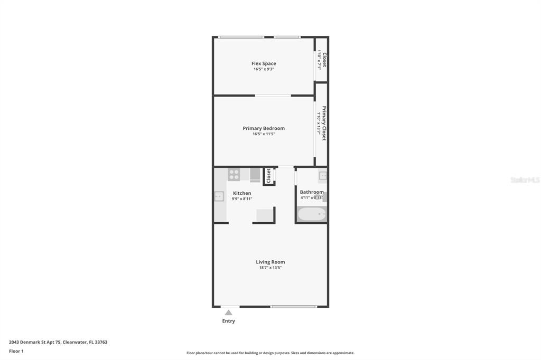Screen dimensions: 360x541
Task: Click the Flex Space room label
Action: coord(264,63)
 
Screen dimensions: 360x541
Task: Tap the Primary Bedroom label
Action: coord(264,128)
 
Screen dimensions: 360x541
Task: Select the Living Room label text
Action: coord(270,262)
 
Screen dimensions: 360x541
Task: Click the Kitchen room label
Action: coord(242,193)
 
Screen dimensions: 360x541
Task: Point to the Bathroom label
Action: coord(312,192)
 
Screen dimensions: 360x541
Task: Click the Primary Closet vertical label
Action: coord(324,123)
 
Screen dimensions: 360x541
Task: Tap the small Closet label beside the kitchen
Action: coord(268,175)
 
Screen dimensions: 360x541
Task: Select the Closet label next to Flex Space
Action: coord(324,60)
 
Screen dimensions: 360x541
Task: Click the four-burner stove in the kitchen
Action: coord(234,174)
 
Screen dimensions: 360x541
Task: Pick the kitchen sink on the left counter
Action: coord(219,196)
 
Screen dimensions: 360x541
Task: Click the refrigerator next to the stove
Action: coord(255,174)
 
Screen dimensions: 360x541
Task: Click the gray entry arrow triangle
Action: coord(228,312)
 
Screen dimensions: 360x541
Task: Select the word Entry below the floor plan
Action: coord(228,321)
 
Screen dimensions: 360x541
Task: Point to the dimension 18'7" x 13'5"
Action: coord(270,268)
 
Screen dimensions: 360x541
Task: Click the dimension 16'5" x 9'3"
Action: coord(264,69)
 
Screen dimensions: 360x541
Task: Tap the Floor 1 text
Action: coord(16,351)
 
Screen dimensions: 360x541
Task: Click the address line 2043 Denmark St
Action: coord(58,342)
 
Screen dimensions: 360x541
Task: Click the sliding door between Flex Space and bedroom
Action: coord(273,96)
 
